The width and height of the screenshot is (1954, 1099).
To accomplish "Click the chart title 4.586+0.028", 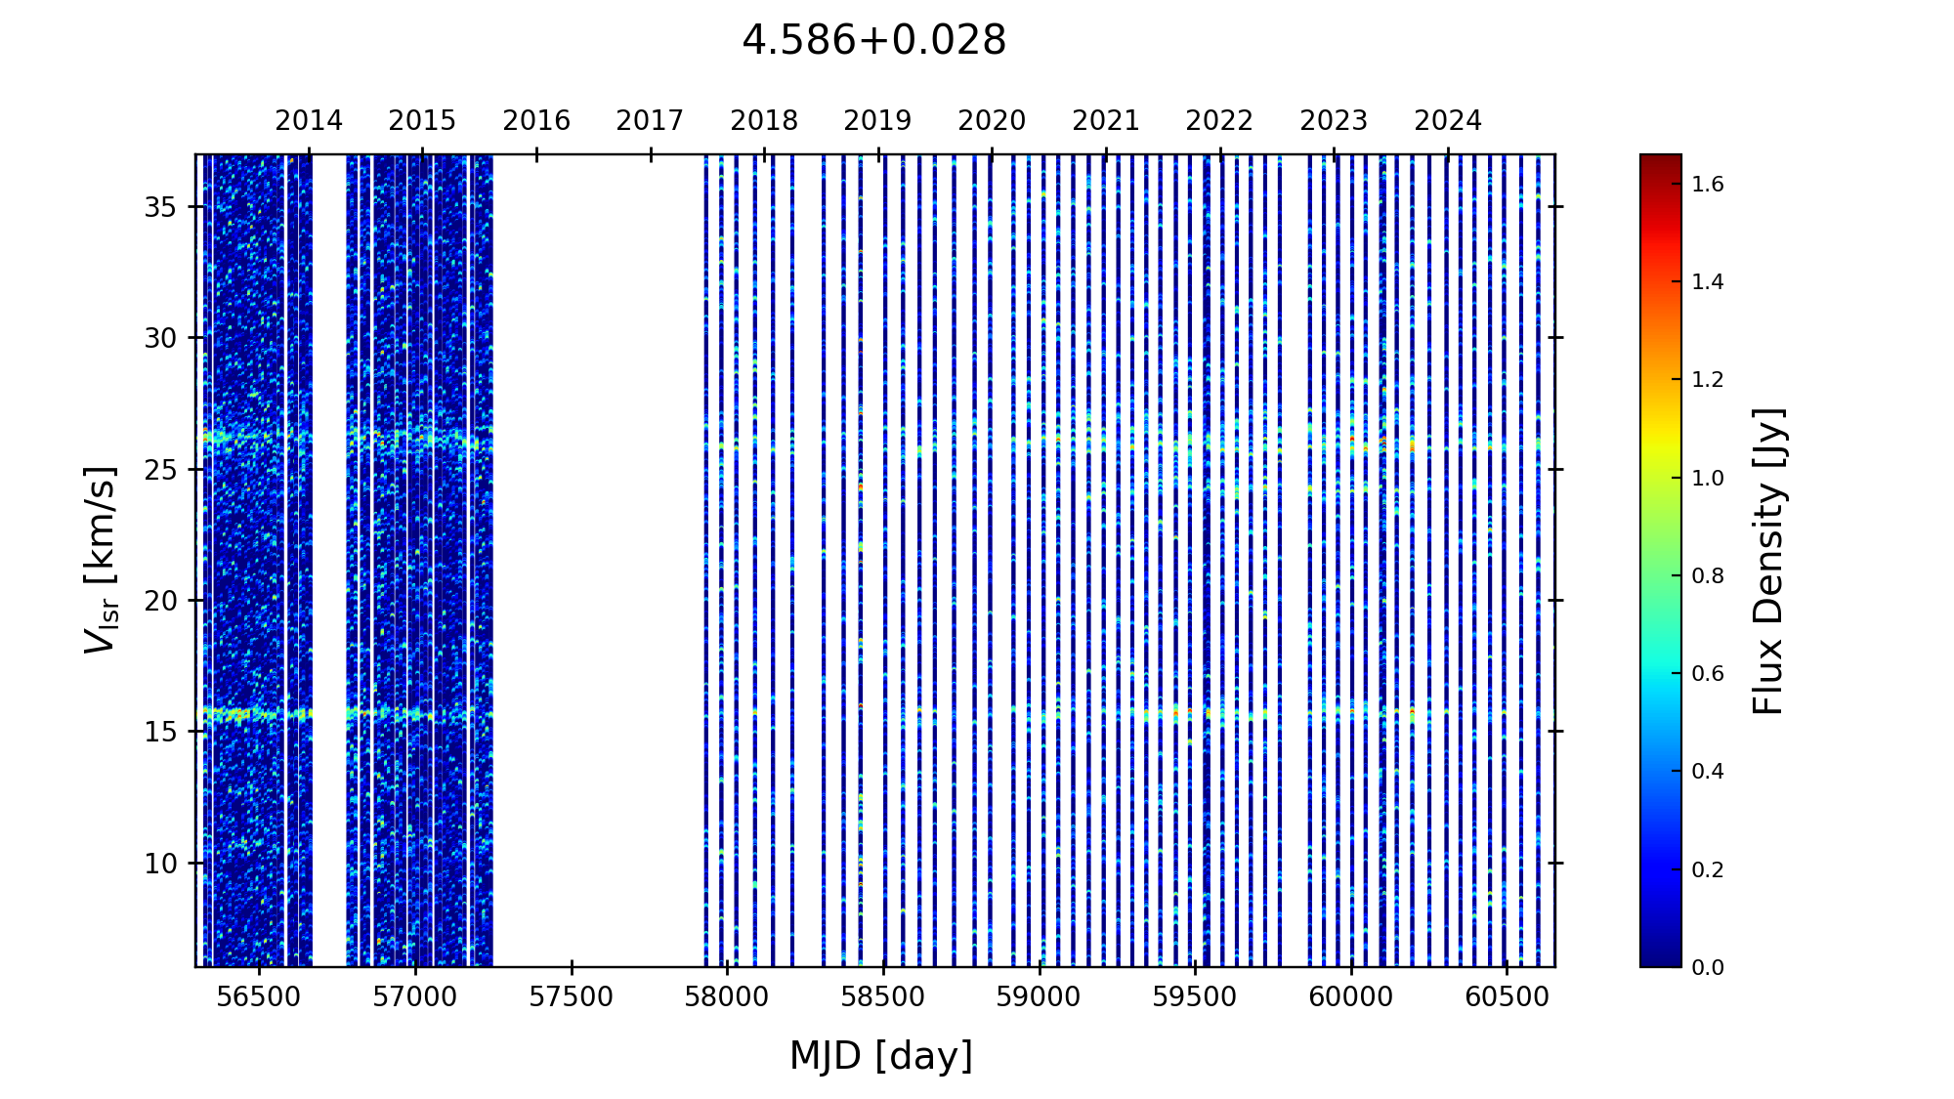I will [x=873, y=41].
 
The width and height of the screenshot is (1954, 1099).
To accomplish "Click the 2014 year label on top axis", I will [x=309, y=121].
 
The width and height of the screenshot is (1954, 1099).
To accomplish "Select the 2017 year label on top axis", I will [x=650, y=121].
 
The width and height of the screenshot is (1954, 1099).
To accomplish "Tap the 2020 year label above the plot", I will [x=992, y=121].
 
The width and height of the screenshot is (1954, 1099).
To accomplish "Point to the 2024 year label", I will [x=1448, y=121].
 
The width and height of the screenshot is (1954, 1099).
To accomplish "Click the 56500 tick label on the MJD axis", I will [x=259, y=997].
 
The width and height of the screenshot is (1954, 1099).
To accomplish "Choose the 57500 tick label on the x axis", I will [x=572, y=997].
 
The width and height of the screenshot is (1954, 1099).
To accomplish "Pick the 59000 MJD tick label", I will [x=1039, y=997].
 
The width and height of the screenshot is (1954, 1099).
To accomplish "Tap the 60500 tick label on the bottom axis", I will [x=1506, y=997].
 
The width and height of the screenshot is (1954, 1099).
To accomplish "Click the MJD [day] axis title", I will [x=881, y=1056].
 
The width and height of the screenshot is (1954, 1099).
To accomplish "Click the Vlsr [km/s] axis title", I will [x=101, y=560].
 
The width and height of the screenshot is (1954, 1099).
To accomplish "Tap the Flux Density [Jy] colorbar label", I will [x=1769, y=561].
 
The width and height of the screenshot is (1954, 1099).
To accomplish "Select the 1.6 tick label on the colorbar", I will [x=1708, y=185].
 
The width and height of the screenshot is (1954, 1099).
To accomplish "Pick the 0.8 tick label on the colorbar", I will [x=1708, y=576].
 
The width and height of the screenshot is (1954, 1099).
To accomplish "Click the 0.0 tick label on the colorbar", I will [x=1708, y=968].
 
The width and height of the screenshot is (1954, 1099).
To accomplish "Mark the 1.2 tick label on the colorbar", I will [x=1708, y=380].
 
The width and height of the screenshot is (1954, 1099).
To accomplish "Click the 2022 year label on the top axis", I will [x=1219, y=121].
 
